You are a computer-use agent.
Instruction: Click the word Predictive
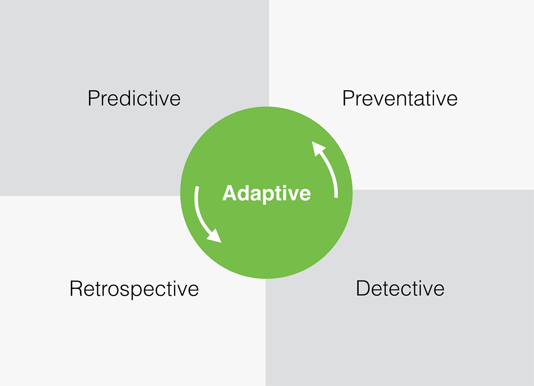pyautogui.click(x=134, y=98)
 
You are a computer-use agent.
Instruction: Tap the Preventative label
pyautogui.click(x=400, y=98)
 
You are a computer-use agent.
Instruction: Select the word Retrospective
pyautogui.click(x=134, y=289)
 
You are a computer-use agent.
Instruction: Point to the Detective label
pyautogui.click(x=400, y=289)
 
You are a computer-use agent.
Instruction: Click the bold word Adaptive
pyautogui.click(x=266, y=193)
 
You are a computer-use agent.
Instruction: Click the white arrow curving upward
pyautogui.click(x=328, y=169)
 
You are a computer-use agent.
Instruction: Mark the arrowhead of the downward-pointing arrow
pyautogui.click(x=215, y=237)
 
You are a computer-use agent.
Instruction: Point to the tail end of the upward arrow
pyautogui.click(x=336, y=196)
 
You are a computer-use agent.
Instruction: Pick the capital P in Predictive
pyautogui.click(x=93, y=98)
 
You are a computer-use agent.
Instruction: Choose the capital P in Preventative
pyautogui.click(x=347, y=98)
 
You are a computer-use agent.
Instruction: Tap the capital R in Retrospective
pyautogui.click(x=76, y=289)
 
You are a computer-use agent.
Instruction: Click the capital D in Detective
pyautogui.click(x=362, y=289)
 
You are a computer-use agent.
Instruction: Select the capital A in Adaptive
pyautogui.click(x=229, y=193)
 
